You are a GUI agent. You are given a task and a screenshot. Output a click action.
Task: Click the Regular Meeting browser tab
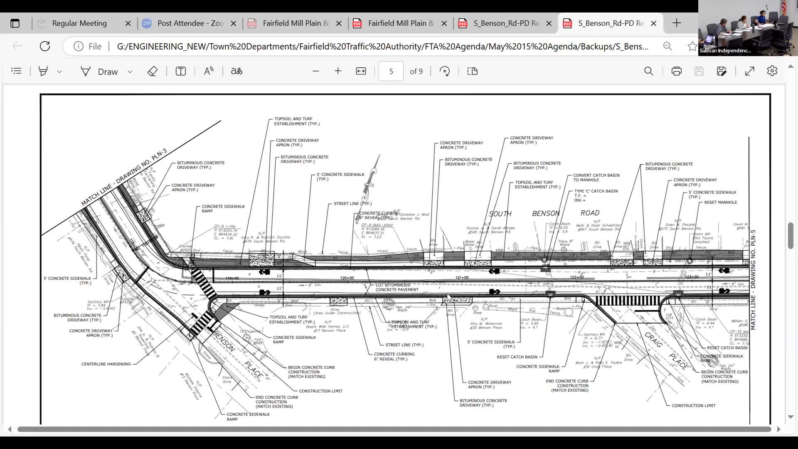(x=79, y=23)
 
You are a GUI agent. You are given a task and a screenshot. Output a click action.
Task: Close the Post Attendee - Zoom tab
(x=234, y=23)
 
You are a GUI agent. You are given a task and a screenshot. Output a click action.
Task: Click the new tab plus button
(x=677, y=23)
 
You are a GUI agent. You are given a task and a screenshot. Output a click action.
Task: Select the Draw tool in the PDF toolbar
(x=100, y=72)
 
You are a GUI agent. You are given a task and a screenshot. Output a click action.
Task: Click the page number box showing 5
(x=391, y=72)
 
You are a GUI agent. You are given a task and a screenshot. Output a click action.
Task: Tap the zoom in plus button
(x=338, y=72)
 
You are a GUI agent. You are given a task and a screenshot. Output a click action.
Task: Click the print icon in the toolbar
(x=676, y=72)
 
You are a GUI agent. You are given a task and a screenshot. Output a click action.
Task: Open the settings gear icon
(x=772, y=71)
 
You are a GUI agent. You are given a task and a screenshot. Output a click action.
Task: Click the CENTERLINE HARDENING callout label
(x=106, y=364)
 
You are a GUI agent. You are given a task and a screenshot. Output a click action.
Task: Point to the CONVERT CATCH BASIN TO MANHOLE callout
(x=596, y=178)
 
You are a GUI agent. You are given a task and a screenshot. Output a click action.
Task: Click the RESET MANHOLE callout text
(x=720, y=202)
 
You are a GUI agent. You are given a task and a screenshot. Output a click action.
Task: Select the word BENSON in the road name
(x=546, y=213)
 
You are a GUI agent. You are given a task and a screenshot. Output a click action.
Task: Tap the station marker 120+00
(x=347, y=278)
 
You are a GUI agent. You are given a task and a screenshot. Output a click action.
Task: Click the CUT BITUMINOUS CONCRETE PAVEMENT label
(x=397, y=287)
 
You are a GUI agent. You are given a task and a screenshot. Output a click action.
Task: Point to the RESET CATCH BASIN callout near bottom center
(x=517, y=357)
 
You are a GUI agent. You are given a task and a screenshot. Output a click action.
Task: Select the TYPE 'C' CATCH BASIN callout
(x=596, y=191)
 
